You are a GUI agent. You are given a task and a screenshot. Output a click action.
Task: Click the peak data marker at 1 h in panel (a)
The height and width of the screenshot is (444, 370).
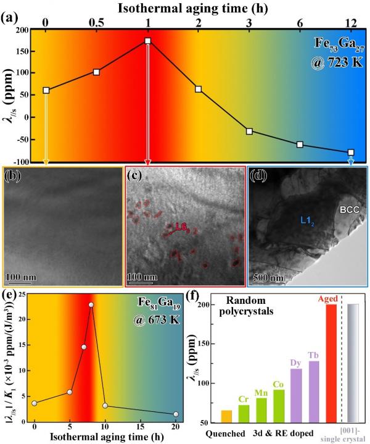pos(148,41)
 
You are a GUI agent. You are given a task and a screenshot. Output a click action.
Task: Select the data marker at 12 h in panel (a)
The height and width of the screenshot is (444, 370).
pos(351,152)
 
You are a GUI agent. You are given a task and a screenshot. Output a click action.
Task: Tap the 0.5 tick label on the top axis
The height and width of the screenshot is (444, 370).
pos(96,22)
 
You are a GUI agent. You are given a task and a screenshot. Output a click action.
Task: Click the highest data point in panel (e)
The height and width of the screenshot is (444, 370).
pos(91,304)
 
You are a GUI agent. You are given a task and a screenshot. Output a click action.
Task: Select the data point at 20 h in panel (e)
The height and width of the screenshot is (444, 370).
pos(176,414)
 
